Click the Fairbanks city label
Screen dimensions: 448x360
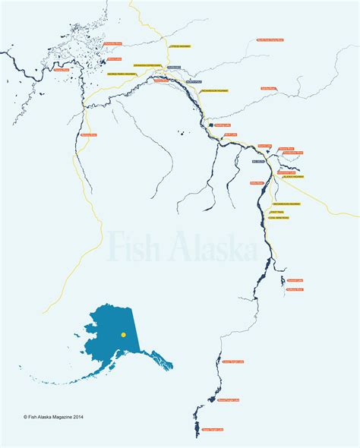click(173, 68)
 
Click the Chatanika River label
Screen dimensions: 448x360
click(112, 44)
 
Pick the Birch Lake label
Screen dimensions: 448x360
click(232, 134)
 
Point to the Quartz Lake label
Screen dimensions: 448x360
click(264, 144)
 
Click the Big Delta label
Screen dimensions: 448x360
click(258, 161)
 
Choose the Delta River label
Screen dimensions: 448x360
click(256, 183)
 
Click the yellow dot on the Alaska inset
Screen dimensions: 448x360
click(123, 334)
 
